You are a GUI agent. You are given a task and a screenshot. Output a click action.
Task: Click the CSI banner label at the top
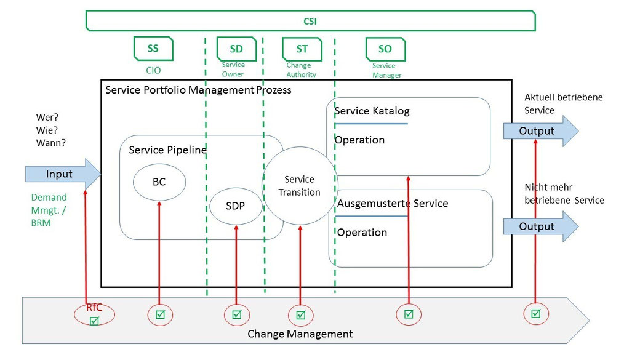click(310, 21)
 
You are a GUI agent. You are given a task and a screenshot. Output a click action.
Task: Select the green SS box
click(153, 48)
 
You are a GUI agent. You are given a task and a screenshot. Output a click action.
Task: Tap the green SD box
click(236, 49)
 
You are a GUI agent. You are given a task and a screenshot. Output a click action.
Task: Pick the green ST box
click(302, 49)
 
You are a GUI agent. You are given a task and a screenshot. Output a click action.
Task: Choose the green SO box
click(385, 49)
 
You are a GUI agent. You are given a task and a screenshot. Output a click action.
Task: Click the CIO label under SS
click(153, 70)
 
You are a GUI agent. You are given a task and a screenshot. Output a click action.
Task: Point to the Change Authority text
click(301, 70)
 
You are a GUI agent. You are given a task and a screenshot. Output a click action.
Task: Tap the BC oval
click(159, 183)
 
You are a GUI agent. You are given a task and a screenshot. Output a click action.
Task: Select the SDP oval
click(236, 206)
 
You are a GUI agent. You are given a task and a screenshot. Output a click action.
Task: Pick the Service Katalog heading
click(372, 111)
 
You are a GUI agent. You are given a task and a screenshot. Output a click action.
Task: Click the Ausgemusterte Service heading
click(393, 203)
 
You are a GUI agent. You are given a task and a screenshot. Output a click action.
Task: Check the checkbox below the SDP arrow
click(237, 315)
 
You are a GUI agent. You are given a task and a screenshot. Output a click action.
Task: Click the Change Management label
click(300, 334)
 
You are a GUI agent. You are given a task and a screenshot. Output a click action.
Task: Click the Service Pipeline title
click(167, 150)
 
